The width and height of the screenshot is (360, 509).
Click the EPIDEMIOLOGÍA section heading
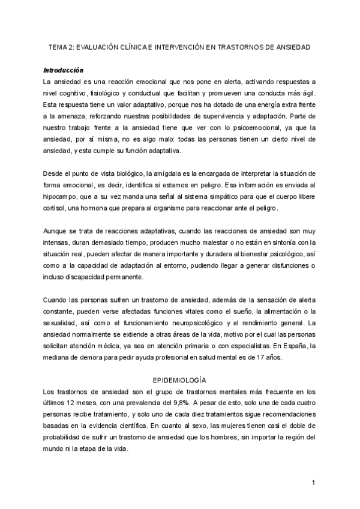180,381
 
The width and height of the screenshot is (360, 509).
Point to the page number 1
313,482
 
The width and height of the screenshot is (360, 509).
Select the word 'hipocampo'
64,196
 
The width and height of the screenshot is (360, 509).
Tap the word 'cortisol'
56,207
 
